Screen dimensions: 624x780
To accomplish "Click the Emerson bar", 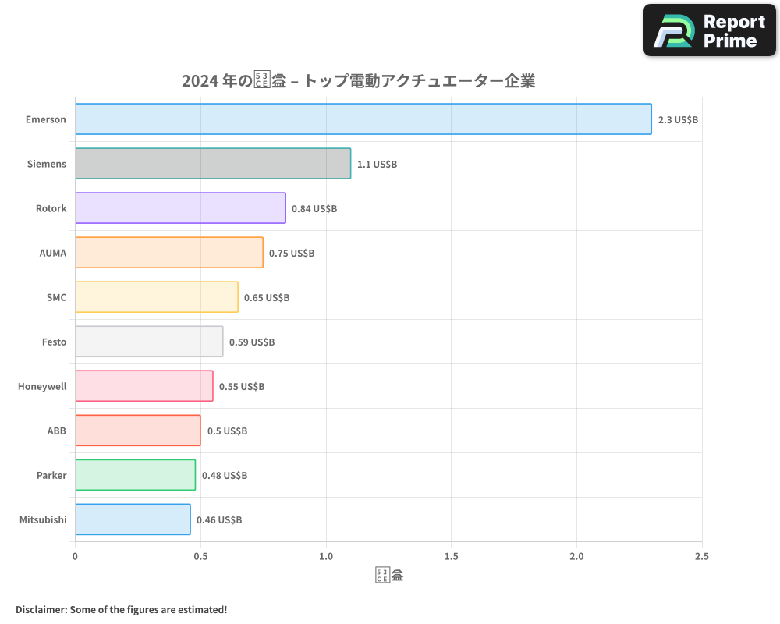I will (363, 119).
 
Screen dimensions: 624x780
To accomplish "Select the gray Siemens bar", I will (213, 164).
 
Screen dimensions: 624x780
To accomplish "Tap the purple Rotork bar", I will (180, 208).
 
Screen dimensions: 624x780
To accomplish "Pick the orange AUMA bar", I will (169, 253).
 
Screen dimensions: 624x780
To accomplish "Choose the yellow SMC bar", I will (157, 297).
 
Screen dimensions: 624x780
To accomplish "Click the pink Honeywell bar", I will (144, 386).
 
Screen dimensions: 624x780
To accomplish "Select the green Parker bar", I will (135, 475).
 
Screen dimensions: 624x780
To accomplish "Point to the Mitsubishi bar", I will (133, 519).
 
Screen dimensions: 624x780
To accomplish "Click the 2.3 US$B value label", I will (678, 120).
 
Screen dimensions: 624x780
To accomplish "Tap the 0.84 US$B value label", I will (314, 209).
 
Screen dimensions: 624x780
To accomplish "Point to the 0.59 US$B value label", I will (252, 342).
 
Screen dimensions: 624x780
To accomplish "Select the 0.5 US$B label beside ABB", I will (227, 431).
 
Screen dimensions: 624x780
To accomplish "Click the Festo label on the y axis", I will (54, 342).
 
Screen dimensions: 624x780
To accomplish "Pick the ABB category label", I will (57, 431).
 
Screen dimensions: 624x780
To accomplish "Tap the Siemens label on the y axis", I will (47, 164).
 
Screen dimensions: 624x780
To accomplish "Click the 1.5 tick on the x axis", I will (451, 557).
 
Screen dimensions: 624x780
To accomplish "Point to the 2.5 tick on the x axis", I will (701, 557).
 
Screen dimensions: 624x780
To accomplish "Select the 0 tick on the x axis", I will (75, 557).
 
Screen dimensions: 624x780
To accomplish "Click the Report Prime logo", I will (709, 30).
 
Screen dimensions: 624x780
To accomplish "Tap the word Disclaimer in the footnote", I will (40, 609).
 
